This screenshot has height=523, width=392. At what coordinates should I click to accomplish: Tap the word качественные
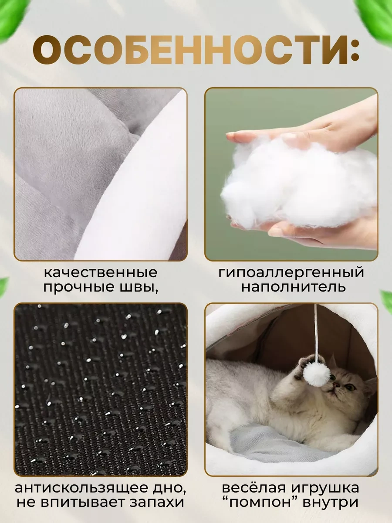[x=101, y=273]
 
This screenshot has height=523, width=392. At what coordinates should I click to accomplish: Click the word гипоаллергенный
[x=291, y=273]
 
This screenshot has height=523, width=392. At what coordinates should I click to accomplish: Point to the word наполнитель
[x=294, y=288]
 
